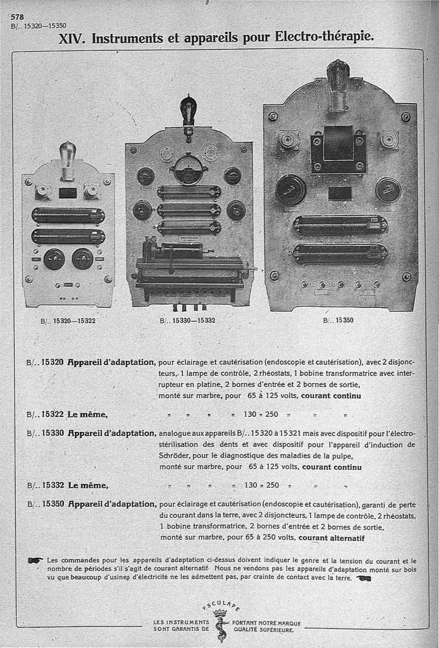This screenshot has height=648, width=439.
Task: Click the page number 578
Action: pyautogui.click(x=18, y=16)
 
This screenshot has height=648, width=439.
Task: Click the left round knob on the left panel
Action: pyautogui.click(x=54, y=258)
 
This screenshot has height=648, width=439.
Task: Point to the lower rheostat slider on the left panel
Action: pyautogui.click(x=68, y=236)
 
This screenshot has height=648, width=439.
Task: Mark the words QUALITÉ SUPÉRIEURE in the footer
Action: pyautogui.click(x=263, y=630)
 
